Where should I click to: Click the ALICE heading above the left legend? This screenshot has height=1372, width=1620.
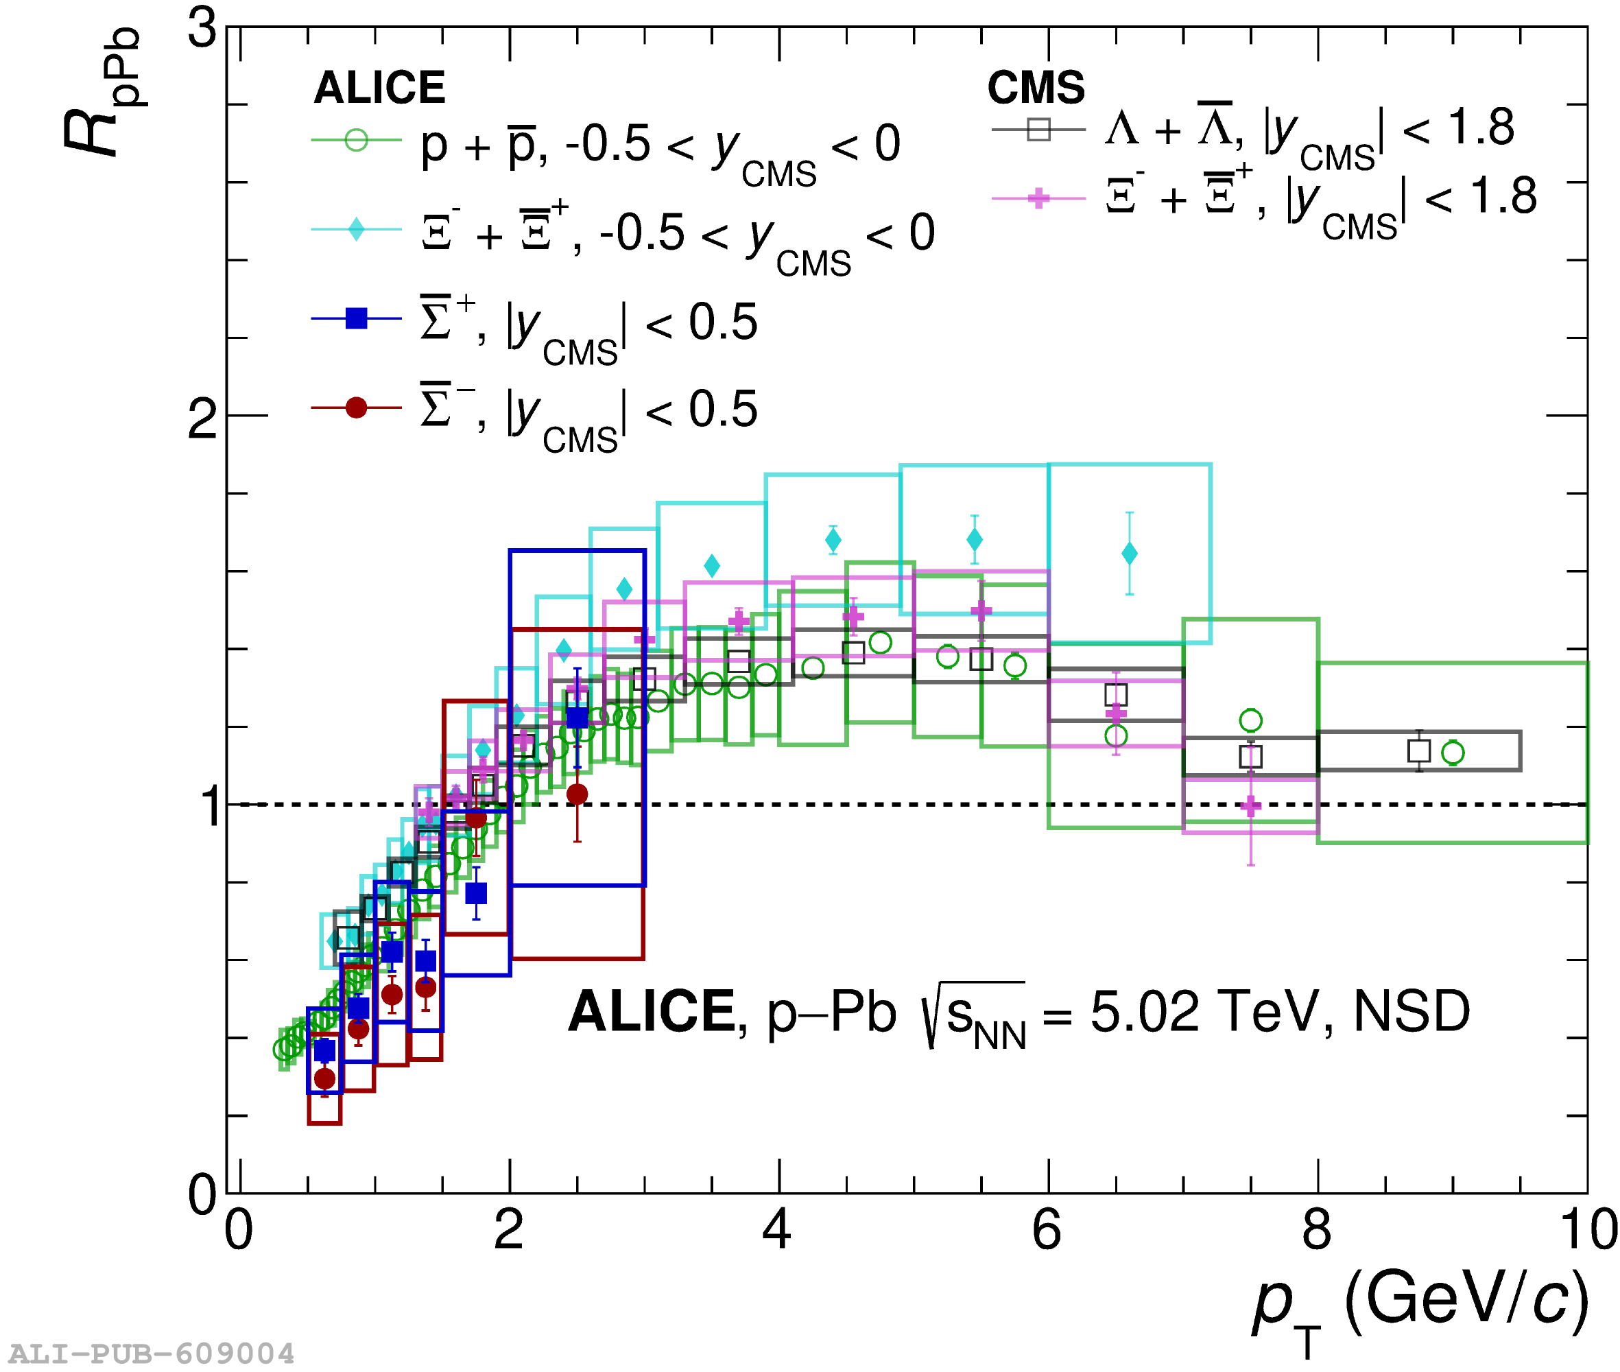pos(379,87)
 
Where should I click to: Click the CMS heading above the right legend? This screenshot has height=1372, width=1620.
pos(1035,87)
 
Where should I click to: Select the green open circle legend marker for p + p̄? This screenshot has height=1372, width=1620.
pos(355,140)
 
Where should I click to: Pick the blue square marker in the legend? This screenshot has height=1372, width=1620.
pos(355,318)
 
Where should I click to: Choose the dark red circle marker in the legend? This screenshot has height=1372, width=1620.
pos(355,407)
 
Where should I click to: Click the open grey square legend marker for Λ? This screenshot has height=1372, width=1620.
pos(1038,129)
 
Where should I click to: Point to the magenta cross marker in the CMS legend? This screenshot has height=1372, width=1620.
pos(1038,198)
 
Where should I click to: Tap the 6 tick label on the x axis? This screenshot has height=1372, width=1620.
pos(1046,1230)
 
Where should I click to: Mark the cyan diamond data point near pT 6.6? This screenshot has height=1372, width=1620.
pos(1128,553)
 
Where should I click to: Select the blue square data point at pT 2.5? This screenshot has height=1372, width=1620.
pos(576,717)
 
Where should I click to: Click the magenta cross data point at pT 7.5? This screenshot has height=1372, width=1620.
pos(1250,806)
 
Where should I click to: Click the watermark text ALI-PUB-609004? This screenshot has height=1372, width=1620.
pos(152,1354)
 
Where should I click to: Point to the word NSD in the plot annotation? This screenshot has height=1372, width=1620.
pos(1411,1011)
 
